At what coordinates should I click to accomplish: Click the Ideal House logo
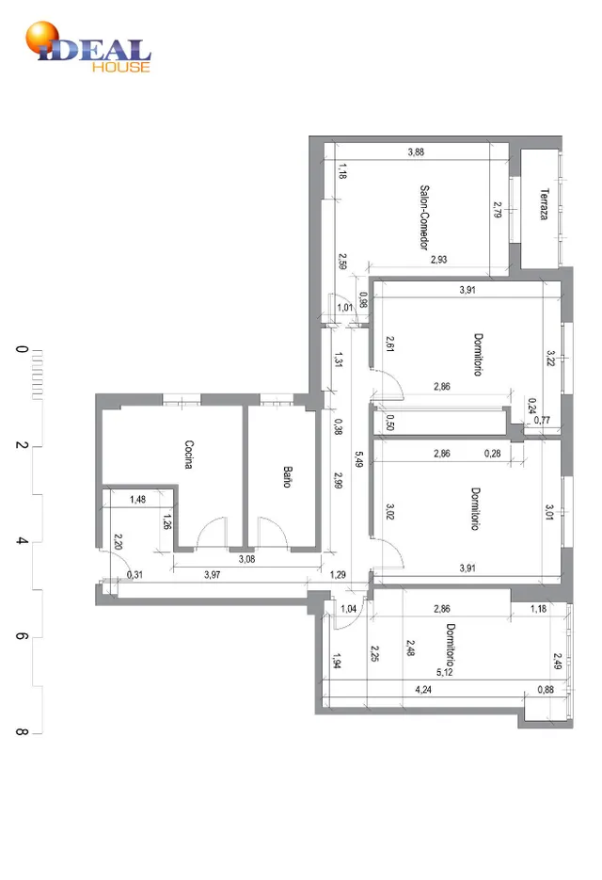click(88, 47)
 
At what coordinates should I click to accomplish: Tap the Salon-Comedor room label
click(425, 217)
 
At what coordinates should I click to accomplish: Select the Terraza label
click(544, 204)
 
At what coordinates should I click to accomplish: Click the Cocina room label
click(189, 454)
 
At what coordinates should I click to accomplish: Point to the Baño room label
click(287, 476)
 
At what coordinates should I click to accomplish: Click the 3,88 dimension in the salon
click(416, 152)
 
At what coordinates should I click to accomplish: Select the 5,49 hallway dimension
click(359, 459)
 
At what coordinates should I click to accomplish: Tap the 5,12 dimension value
click(444, 672)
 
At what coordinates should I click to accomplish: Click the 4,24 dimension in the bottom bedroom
click(423, 689)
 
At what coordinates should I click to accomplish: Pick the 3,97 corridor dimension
click(212, 574)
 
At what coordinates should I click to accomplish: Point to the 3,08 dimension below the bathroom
click(246, 559)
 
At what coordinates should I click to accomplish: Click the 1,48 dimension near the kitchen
click(137, 499)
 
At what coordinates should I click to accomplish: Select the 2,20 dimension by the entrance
click(118, 541)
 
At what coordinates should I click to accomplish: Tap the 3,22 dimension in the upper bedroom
click(551, 358)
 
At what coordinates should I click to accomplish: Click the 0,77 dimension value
click(542, 419)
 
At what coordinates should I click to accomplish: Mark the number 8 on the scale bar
click(22, 732)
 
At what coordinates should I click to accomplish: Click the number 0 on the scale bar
click(22, 349)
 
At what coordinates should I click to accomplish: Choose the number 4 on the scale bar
click(22, 540)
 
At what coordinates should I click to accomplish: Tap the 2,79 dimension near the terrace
click(497, 210)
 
